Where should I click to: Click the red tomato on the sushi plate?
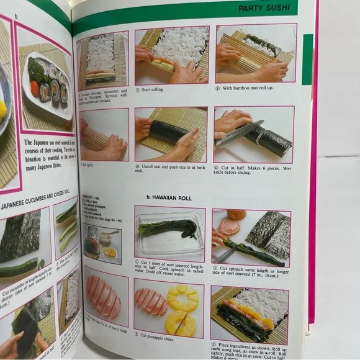tap(34, 89)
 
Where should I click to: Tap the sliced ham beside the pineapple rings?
tap(151, 302)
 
